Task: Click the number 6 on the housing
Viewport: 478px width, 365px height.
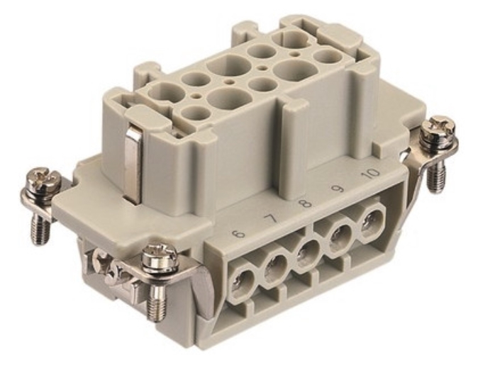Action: click(239, 234)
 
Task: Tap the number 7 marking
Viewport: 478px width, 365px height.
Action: click(271, 218)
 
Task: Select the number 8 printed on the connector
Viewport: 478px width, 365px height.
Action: click(305, 203)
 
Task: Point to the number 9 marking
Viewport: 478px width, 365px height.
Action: click(338, 189)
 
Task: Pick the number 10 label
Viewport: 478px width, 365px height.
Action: click(370, 174)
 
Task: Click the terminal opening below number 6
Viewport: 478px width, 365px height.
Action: click(243, 283)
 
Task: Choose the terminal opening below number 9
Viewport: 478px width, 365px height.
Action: click(340, 238)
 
